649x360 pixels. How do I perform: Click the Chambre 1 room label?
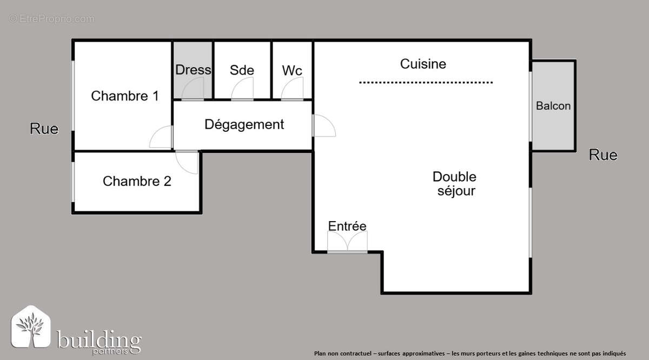[124, 96]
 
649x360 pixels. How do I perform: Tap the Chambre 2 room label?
[137, 181]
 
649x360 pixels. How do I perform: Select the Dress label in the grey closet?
[193, 70]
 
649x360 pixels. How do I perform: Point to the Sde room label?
[242, 70]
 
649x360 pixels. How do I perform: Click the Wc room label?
[292, 70]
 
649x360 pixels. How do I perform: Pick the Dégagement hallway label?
[244, 124]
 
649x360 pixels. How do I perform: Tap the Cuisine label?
[423, 64]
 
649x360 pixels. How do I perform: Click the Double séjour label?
[455, 183]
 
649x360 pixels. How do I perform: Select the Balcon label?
[553, 106]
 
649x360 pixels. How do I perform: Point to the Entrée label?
[347, 226]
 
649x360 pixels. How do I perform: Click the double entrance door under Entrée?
[347, 243]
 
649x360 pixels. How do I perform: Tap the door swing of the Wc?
[293, 90]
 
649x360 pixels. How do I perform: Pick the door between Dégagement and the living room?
[323, 125]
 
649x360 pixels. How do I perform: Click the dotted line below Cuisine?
[426, 83]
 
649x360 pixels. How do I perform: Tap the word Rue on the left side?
[44, 129]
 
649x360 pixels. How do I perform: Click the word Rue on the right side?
[603, 155]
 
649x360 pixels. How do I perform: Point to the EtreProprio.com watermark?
[52, 19]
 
